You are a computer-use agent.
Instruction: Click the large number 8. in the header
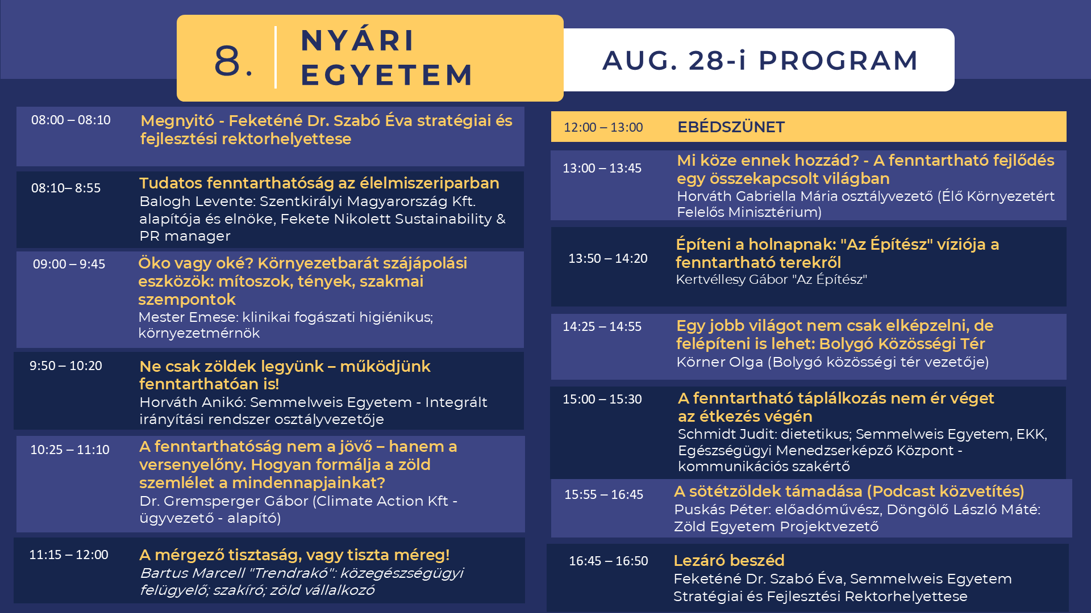234,60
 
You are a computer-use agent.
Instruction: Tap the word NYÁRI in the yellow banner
358,40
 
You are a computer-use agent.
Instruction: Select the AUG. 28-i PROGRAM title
760,60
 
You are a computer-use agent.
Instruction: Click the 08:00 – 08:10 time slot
71,120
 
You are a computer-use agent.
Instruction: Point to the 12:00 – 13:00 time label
603,127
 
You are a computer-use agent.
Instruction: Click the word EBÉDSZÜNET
731,127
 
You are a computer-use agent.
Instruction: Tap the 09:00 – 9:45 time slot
69,264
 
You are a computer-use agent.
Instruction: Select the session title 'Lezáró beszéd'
729,561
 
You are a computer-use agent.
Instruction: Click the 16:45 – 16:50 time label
609,561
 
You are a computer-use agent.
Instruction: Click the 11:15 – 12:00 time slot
69,555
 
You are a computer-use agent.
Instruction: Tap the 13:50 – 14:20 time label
608,258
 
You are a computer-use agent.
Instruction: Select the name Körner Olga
719,362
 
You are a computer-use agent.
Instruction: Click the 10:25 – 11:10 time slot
70,450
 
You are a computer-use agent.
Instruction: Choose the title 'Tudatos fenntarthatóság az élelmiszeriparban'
319,183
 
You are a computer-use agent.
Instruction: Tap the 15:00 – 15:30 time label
602,399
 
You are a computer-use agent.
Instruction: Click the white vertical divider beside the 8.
276,57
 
